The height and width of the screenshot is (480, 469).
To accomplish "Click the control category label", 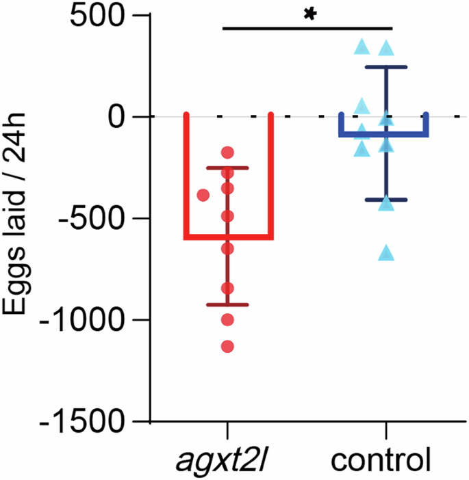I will click(x=381, y=460).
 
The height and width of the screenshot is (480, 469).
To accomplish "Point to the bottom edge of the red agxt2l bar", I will click(x=228, y=237).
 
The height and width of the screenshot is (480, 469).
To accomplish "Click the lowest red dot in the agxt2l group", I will click(x=227, y=347).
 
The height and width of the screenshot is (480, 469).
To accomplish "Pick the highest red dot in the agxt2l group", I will click(x=227, y=152).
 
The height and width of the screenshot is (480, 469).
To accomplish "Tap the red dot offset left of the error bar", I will click(x=203, y=196).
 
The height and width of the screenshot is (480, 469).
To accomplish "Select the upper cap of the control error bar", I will click(x=387, y=67).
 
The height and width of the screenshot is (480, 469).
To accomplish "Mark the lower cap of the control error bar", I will click(x=387, y=200).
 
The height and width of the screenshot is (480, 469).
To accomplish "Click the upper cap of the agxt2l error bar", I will click(x=227, y=168).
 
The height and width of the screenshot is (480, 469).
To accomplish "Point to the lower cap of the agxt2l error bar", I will click(x=227, y=304).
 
